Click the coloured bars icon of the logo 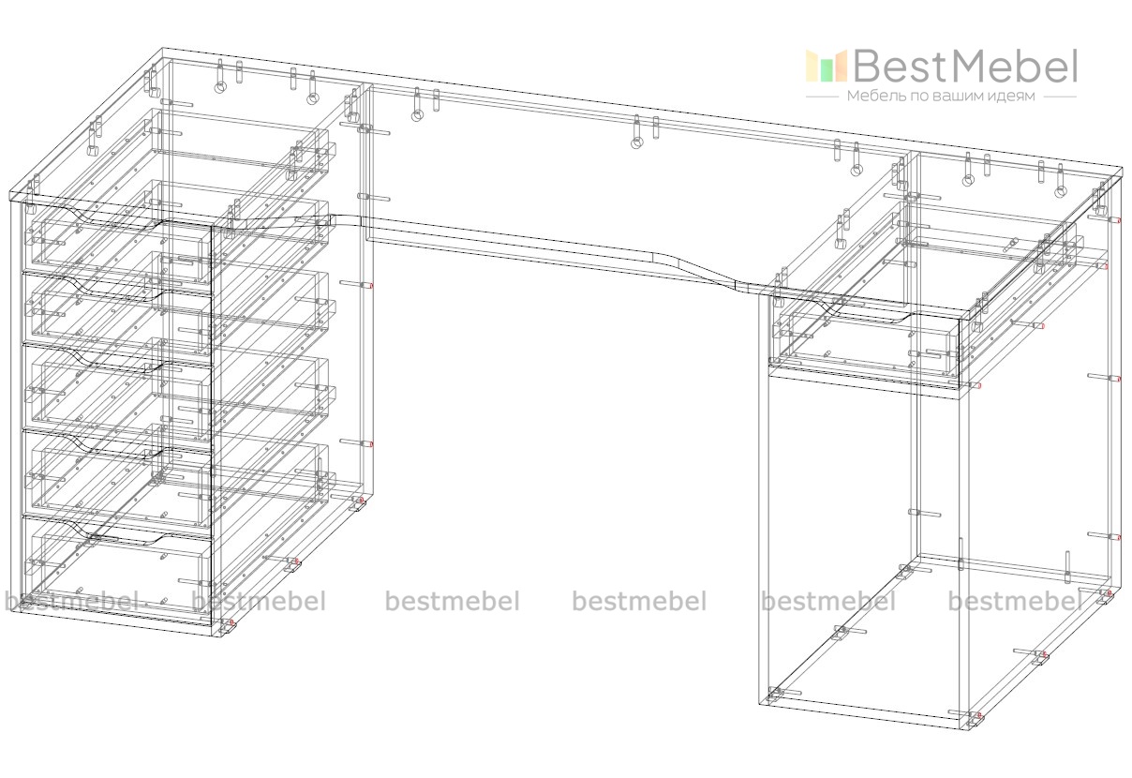(x=827, y=66)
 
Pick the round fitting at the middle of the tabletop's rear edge (x=637, y=142)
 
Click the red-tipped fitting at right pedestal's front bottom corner (x=977, y=717)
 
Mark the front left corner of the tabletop (x=11, y=196)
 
